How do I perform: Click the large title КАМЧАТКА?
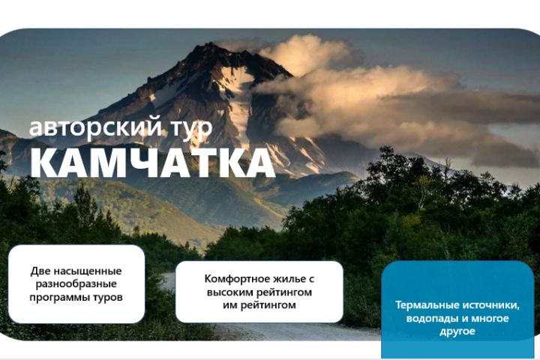click(x=153, y=163)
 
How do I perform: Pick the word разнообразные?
click(x=76, y=284)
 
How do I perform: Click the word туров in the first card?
click(x=109, y=297)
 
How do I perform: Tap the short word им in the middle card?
click(x=229, y=305)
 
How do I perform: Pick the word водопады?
click(x=430, y=318)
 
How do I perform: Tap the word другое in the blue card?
click(x=457, y=331)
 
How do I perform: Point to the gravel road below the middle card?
click(x=300, y=331)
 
